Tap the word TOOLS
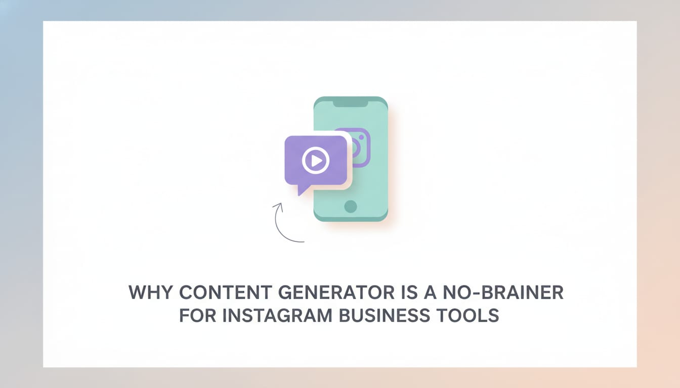click(468, 316)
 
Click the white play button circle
click(316, 161)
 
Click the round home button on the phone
click(350, 206)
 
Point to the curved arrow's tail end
click(303, 241)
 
